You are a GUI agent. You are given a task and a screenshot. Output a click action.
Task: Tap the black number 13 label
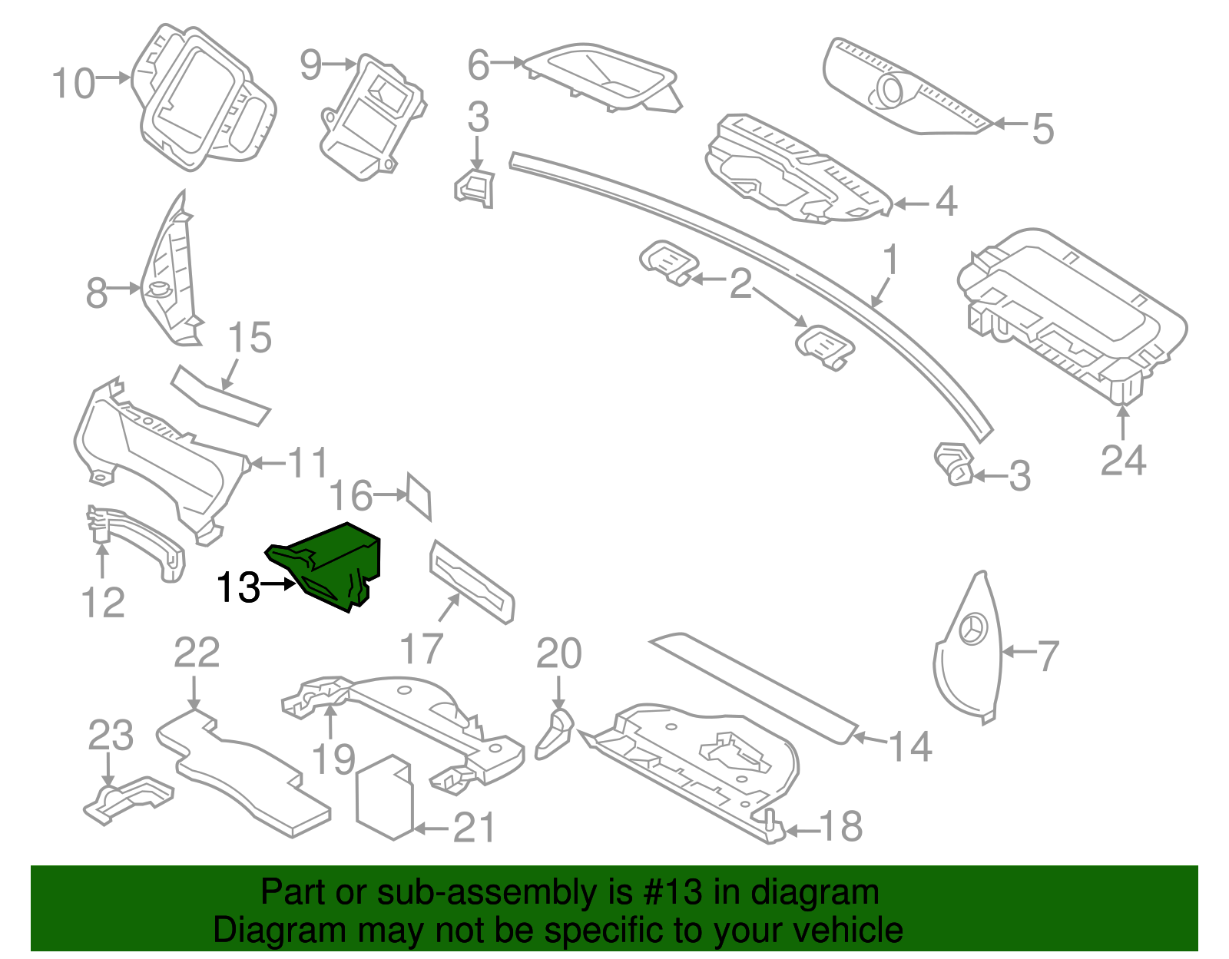point(238,588)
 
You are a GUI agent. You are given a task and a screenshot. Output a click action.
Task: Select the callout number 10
point(74,83)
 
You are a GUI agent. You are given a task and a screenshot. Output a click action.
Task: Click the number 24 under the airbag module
point(1123,461)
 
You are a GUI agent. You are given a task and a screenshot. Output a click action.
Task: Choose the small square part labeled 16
point(419,496)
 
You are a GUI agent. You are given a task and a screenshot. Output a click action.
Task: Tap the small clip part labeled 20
point(555,733)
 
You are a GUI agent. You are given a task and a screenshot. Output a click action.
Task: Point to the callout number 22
point(197,653)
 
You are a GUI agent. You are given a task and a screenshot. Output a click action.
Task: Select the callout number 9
point(310,64)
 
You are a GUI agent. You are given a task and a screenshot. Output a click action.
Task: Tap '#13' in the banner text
point(668,892)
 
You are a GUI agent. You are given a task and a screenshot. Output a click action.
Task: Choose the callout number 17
point(421,649)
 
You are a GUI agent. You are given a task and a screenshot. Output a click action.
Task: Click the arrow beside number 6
point(507,62)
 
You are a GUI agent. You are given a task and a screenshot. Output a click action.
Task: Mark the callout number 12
point(103,603)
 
